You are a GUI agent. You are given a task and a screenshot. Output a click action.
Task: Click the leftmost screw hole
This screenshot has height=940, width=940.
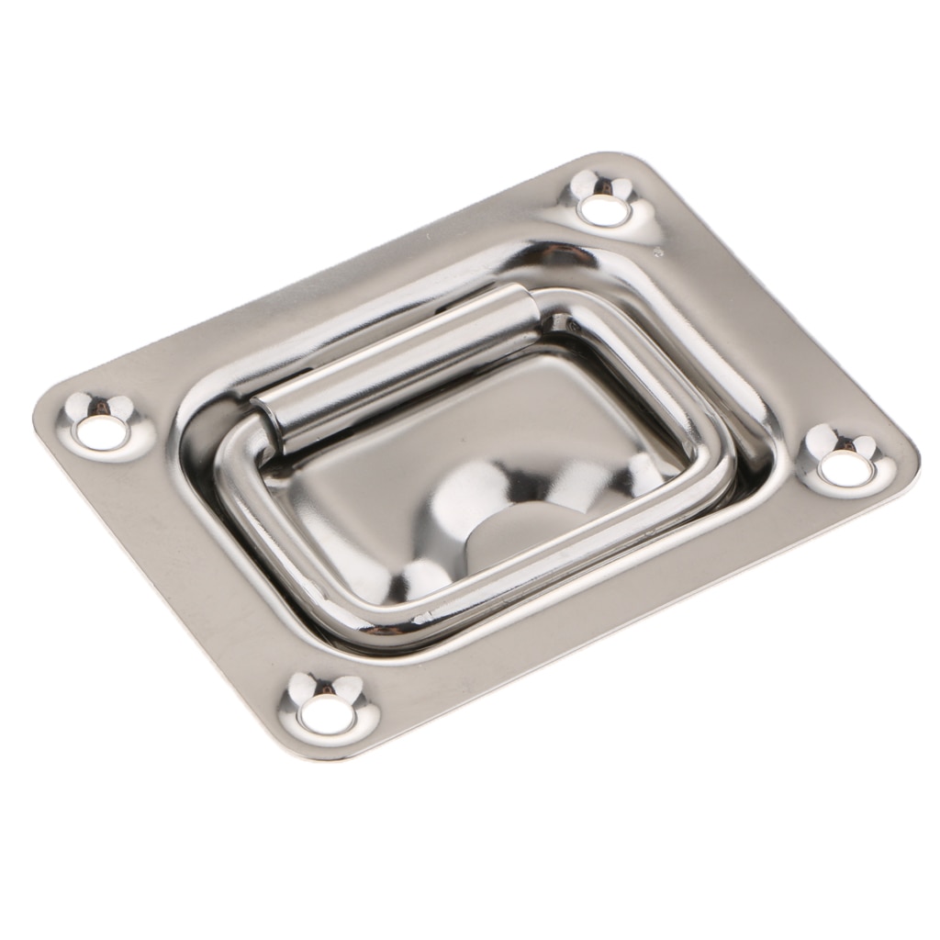point(101,431)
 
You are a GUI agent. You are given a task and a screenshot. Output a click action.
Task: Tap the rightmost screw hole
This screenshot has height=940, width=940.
point(845,467)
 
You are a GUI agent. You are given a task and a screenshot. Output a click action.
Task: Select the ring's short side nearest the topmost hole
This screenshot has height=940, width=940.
point(643,367)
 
